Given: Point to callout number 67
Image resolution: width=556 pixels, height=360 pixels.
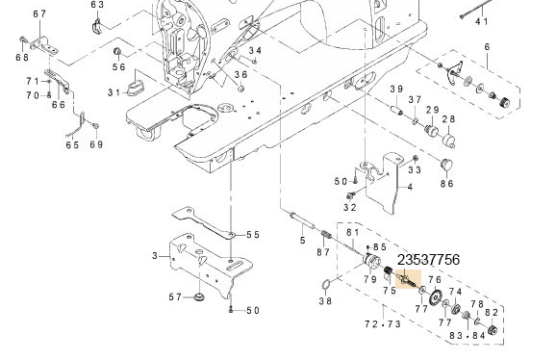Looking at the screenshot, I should pyautogui.click(x=38, y=13).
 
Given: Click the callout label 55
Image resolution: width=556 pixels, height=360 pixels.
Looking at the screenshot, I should pyautogui.click(x=253, y=234).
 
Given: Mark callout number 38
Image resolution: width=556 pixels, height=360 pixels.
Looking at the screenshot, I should pyautogui.click(x=325, y=301).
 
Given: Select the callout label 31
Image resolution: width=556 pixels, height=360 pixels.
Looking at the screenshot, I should pyautogui.click(x=114, y=92).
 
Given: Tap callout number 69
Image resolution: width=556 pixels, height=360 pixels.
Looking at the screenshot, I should pyautogui.click(x=95, y=145).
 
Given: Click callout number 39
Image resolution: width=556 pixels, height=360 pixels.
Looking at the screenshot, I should pyautogui.click(x=394, y=89).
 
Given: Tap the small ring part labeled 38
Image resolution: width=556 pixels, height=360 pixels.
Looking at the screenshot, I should pyautogui.click(x=326, y=284).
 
